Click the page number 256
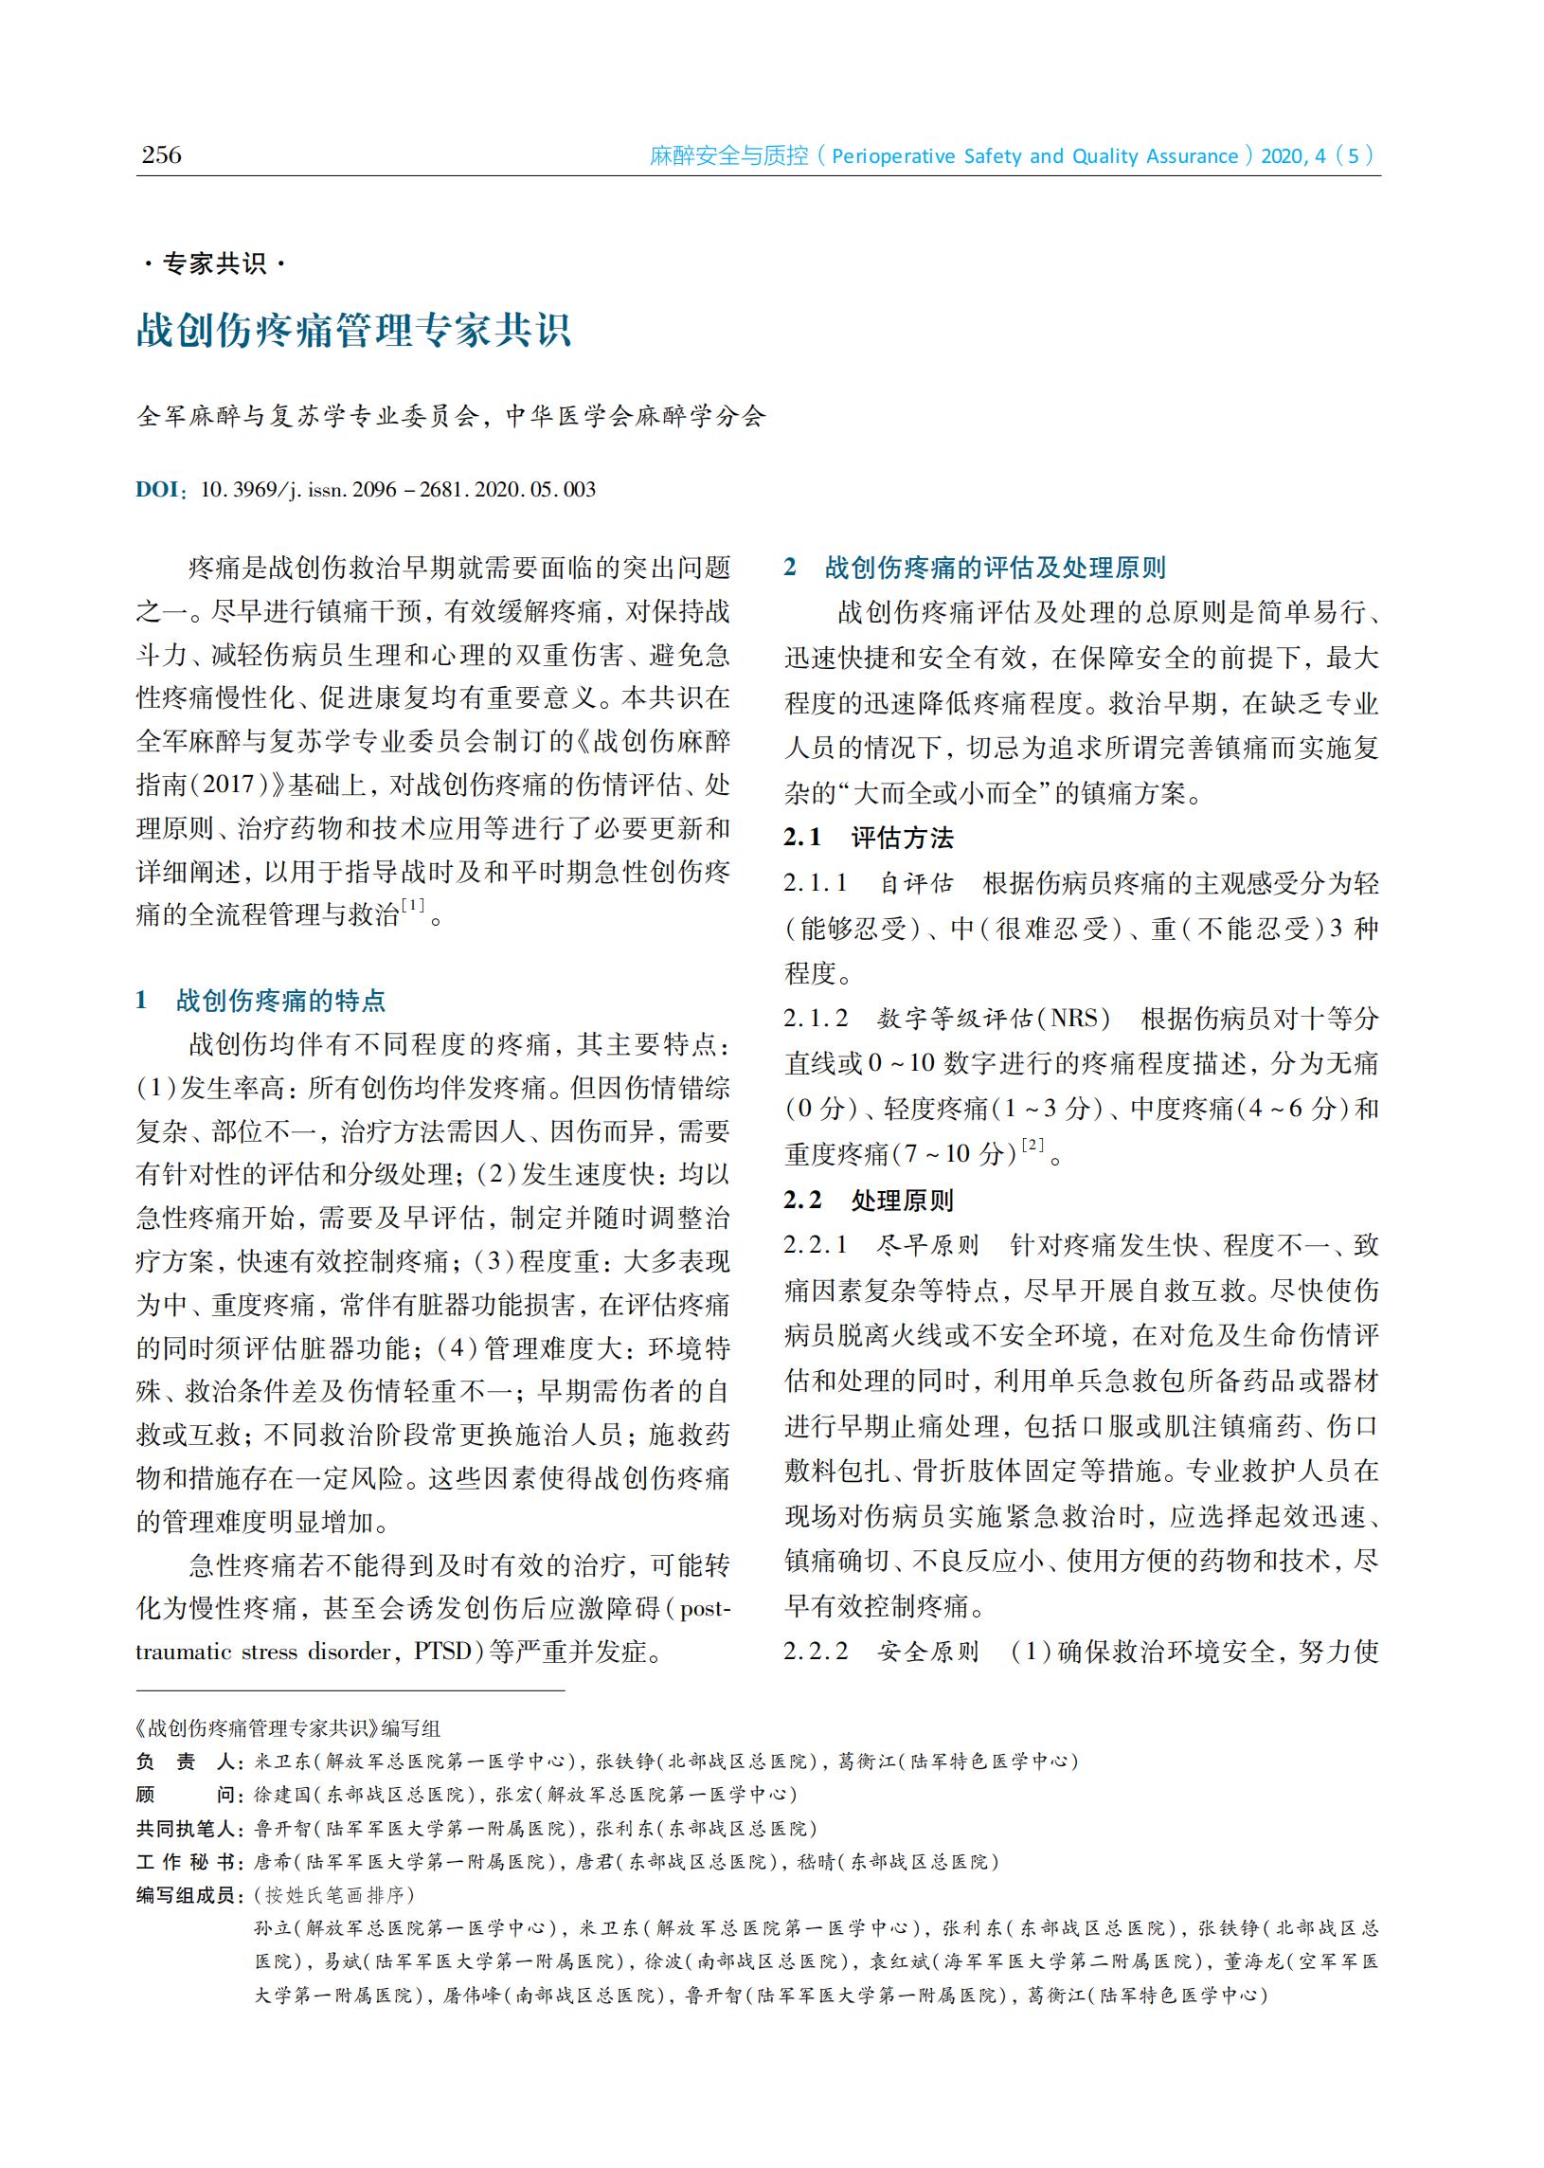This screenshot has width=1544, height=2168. (x=161, y=155)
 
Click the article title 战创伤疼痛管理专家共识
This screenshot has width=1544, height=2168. (x=352, y=330)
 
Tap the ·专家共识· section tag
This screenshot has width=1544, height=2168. (x=214, y=263)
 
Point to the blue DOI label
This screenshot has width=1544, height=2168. (x=158, y=490)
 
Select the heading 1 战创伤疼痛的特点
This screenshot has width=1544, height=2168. (x=261, y=1001)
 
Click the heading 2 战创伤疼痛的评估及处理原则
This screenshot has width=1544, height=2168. (x=975, y=568)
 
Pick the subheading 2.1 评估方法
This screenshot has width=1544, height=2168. (x=868, y=838)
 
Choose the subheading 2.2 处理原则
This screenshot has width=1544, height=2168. (x=868, y=1201)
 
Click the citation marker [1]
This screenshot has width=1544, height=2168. (x=414, y=905)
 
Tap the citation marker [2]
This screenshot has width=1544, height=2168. (x=1032, y=1145)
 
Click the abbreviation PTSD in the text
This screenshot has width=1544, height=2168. (x=443, y=1651)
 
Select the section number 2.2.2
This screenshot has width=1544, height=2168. (x=816, y=1651)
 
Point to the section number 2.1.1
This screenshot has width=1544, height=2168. (x=816, y=883)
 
